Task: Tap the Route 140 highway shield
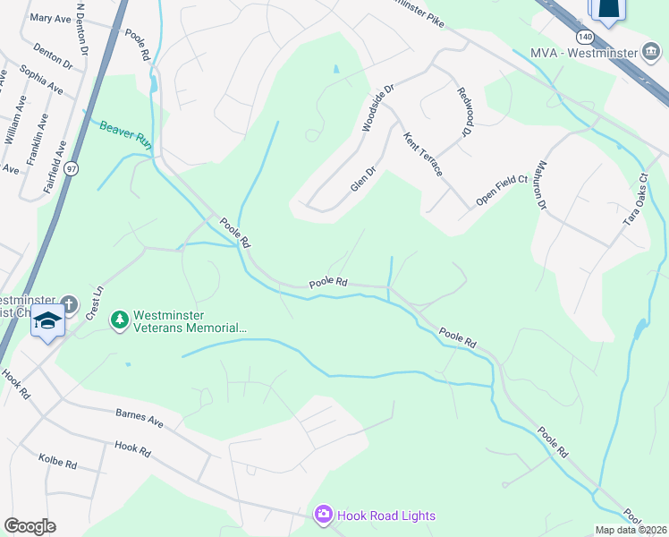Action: (584, 37)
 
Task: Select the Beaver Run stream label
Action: (126, 133)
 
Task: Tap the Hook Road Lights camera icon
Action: (323, 515)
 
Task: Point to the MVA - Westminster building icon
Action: (653, 52)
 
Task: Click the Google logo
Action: (29, 526)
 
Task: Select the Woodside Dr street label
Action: (377, 108)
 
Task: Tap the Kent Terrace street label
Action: (423, 154)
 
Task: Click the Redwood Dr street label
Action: (463, 112)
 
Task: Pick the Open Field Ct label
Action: (502, 190)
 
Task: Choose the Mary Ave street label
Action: (49, 18)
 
